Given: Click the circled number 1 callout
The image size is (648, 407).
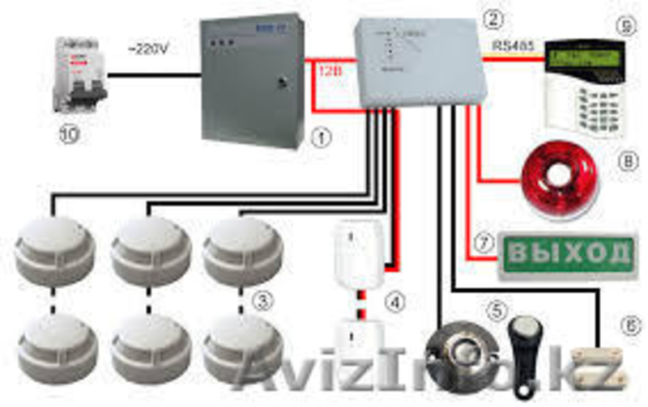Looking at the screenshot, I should click(322, 137).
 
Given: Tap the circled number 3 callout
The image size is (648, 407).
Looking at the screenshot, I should click(260, 303).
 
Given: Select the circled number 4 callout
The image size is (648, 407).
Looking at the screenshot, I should click(394, 303).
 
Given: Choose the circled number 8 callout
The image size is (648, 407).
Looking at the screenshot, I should click(623, 163).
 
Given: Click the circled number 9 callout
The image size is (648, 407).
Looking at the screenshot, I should click(622, 25).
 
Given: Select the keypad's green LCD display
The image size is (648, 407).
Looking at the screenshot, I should click(583, 57).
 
